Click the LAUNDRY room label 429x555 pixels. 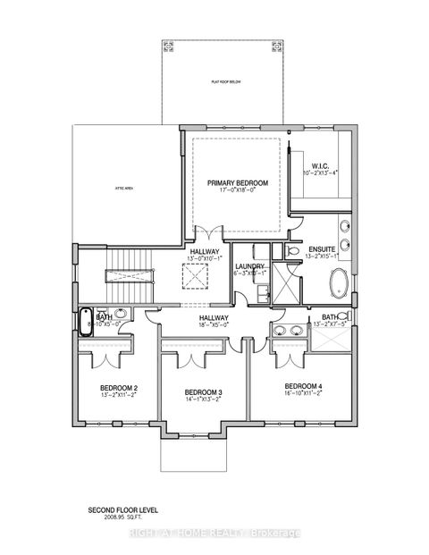(x=248, y=266)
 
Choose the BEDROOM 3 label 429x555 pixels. (x=203, y=392)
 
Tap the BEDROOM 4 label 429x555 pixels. (x=294, y=385)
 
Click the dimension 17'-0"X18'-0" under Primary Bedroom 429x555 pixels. (x=234, y=189)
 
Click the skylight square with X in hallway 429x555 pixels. (x=193, y=279)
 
